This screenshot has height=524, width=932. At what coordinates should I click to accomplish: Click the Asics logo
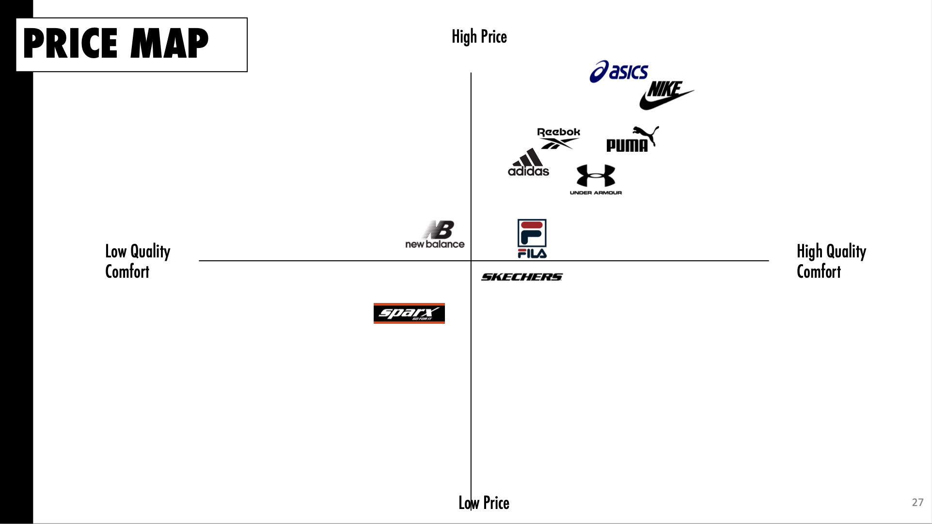point(618,72)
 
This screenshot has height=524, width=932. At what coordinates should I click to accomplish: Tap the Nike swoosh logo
point(666,95)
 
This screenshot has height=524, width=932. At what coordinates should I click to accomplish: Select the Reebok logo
point(558,138)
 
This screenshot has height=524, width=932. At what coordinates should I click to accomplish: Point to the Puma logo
point(632,140)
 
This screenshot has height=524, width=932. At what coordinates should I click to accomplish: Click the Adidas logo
point(528,163)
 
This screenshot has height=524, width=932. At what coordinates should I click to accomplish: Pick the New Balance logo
point(435,235)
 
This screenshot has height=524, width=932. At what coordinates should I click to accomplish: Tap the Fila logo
point(532,238)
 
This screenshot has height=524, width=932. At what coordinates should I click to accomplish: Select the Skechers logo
point(521,277)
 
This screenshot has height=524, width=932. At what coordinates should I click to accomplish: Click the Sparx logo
point(409,313)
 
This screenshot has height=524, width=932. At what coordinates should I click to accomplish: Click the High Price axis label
point(479,37)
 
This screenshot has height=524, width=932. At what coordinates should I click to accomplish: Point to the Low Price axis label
point(484,503)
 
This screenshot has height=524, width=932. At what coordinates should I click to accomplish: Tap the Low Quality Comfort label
point(138,261)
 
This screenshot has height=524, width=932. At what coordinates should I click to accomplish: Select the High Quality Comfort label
point(831,261)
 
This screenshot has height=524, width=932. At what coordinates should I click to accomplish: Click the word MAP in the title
point(169,44)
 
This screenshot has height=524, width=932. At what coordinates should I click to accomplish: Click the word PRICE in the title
point(71,44)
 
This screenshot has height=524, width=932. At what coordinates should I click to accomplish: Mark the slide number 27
point(917,502)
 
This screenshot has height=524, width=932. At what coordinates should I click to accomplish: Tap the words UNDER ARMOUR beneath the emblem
point(596,193)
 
